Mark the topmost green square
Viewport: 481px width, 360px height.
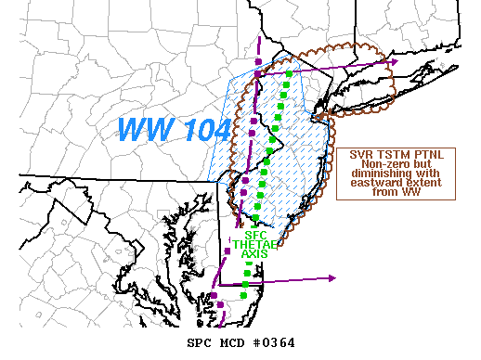[290, 74]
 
